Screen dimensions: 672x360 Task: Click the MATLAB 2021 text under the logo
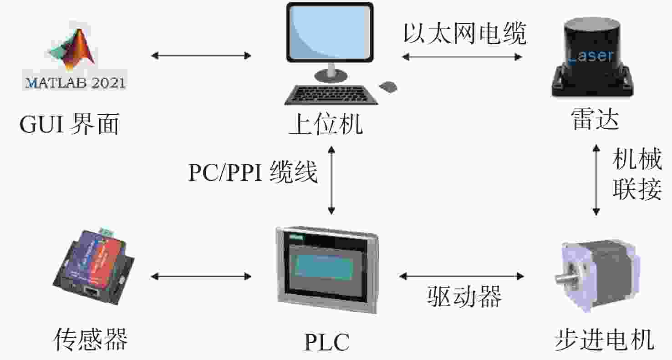coord(75,83)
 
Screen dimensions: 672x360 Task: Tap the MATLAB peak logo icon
coord(72,50)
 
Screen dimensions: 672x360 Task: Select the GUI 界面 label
coord(69,123)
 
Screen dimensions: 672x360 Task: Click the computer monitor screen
coord(330,32)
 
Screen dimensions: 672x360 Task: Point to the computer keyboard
coord(331,95)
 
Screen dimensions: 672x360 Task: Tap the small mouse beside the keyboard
coord(388,87)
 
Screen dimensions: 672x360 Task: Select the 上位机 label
coord(326,124)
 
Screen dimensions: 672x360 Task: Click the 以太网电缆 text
coord(465,33)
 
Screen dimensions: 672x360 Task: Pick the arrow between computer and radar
coord(462,57)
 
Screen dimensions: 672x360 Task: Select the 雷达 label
coord(595,119)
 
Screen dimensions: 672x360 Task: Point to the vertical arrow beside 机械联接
coord(596,180)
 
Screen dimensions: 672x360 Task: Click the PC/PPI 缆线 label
coord(253,172)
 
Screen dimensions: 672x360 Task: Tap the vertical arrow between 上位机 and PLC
coord(331,180)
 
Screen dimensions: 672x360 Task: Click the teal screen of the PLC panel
coord(325,268)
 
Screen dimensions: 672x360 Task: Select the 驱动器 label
coord(464,296)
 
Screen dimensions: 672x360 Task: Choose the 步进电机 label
coord(604,340)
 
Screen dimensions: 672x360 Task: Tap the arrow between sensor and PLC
coord(201,276)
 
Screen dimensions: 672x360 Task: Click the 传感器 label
coord(90,340)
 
